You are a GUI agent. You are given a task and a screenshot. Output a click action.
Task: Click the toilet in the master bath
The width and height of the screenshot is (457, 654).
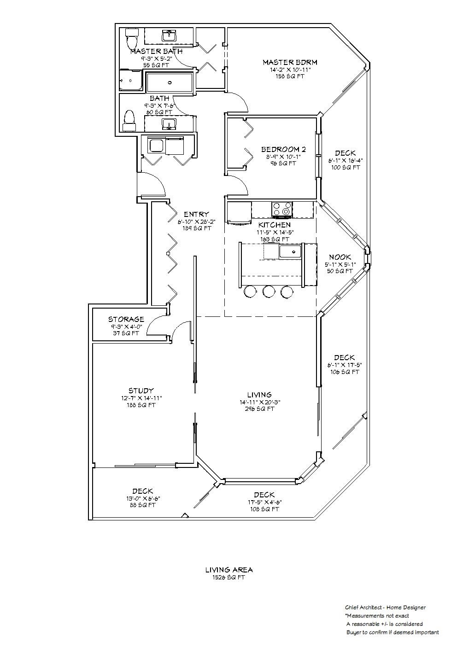[132, 38]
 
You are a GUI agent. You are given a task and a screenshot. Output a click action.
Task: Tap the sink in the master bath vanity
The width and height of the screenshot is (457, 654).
[169, 36]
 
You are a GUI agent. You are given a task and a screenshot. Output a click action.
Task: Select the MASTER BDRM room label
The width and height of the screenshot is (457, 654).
[290, 62]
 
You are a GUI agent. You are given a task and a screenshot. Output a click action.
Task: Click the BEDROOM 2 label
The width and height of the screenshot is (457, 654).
[283, 150]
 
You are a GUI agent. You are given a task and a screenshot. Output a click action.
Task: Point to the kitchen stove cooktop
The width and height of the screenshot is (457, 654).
[282, 210]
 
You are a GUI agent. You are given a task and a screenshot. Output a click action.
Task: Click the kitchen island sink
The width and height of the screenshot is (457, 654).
[290, 251]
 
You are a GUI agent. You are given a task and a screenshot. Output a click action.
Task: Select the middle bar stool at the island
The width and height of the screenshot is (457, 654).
[269, 292]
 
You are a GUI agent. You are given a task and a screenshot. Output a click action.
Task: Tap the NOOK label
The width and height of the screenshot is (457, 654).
[340, 257]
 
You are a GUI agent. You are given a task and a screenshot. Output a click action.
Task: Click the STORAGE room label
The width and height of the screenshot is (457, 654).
[126, 319]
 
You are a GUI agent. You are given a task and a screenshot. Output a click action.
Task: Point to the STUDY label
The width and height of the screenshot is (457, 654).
[141, 391]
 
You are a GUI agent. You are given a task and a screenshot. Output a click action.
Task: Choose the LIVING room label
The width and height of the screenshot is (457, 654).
[260, 395]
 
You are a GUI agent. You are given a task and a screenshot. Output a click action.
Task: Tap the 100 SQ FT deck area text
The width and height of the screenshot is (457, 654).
[346, 168]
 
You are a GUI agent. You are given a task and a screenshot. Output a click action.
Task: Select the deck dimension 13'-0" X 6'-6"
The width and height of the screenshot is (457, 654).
[143, 498]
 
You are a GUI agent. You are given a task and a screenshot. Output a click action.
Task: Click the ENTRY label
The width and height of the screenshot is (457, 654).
[197, 214]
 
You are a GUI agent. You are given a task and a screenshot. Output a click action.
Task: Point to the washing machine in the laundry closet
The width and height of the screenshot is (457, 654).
[157, 145]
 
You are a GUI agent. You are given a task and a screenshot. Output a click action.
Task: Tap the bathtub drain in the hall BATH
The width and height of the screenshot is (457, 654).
[170, 82]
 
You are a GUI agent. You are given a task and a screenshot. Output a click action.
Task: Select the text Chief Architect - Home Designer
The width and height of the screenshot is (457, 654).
[385, 607]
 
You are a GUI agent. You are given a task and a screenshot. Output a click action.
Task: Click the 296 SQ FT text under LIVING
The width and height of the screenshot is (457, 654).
[260, 409]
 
